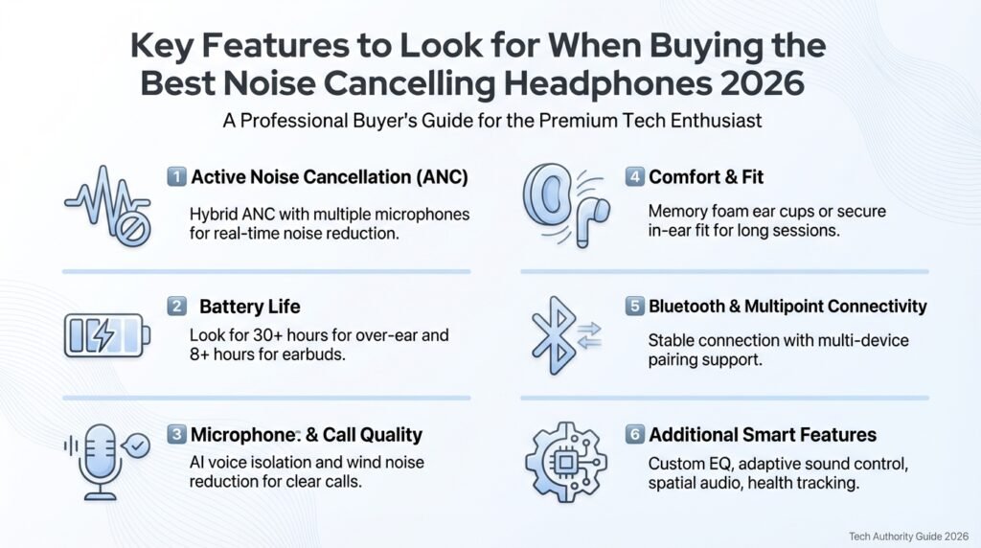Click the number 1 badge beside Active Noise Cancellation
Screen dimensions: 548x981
(x=176, y=176)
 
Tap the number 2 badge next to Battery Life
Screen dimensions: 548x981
(x=176, y=307)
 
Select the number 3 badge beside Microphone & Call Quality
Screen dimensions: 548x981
(x=176, y=435)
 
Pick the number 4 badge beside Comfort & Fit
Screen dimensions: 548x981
(x=634, y=176)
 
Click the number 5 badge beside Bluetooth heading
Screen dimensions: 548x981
(x=634, y=307)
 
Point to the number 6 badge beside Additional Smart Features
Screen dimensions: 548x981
(x=634, y=435)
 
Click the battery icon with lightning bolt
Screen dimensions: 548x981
(x=106, y=336)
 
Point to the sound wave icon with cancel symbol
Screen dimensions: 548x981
(x=106, y=205)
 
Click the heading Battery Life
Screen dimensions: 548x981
(x=249, y=307)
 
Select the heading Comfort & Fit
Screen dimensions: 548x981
(x=706, y=176)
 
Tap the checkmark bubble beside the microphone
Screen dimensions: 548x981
(x=139, y=446)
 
